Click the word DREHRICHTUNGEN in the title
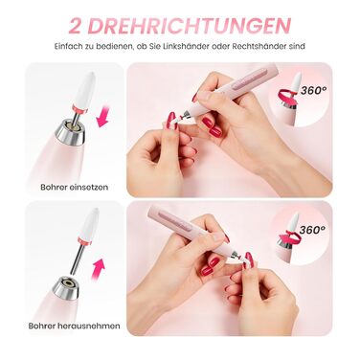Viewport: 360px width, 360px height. [x=189, y=26]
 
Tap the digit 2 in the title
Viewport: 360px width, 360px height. [x=75, y=26]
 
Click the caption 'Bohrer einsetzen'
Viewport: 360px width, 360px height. [x=75, y=187]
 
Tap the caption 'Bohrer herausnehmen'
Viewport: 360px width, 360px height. [x=75, y=326]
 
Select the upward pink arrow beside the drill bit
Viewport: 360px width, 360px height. [x=99, y=269]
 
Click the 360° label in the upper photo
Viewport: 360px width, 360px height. [x=313, y=90]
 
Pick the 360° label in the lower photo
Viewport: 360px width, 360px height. [x=312, y=229]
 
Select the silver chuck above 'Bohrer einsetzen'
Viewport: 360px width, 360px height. [x=70, y=131]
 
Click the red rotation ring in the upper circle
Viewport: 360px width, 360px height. [x=287, y=95]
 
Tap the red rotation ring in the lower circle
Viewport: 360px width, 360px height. [x=290, y=236]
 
